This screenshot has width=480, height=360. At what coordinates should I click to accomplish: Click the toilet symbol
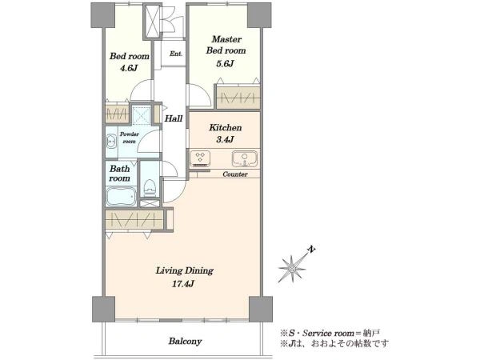pos(150,188)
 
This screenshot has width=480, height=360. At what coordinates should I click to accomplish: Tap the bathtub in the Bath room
pos(121,196)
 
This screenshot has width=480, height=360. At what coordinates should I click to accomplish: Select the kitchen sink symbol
pos(245,158)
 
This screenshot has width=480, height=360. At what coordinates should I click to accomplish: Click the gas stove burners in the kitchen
pos(200,158)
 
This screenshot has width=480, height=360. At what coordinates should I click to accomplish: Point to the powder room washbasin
pos(111,142)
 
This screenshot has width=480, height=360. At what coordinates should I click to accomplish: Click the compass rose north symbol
pos(292,269)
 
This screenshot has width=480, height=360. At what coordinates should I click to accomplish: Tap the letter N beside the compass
pos(311,249)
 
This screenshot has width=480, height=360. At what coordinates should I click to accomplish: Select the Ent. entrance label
pos(176,54)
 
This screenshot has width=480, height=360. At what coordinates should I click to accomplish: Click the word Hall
pos(174,118)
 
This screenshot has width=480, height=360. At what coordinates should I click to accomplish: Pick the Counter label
pos(235,174)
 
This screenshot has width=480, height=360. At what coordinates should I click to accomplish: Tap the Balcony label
pos(186,341)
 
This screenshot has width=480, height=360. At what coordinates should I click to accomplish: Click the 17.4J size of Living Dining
pos(183,284)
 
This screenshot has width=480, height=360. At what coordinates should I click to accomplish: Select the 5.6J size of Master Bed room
pos(225,64)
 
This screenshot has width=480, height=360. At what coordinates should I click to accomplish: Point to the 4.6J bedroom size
pos(128,68)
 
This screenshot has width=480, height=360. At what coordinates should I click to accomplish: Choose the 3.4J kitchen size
pos(225,140)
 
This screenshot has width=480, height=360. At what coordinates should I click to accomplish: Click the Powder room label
pos(129,138)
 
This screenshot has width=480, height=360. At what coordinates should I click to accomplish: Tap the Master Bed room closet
pos(238,98)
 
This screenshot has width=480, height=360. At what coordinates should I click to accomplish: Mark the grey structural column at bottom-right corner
pos(261,309)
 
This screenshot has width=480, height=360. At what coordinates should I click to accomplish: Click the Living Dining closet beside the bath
pos(134,219)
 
